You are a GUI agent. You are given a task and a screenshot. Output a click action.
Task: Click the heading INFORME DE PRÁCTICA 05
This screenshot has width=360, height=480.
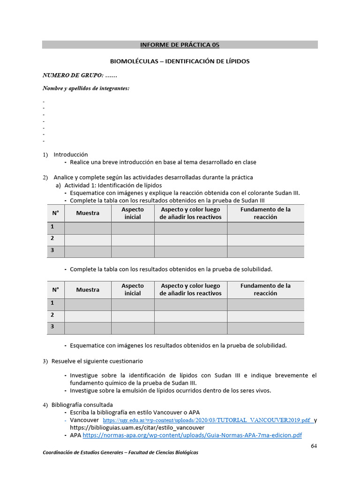[x=180, y=45]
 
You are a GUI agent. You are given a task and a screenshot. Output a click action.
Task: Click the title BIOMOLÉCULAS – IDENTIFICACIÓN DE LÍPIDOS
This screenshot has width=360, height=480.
[x=180, y=61]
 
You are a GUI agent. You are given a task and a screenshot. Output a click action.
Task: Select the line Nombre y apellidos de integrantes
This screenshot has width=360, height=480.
[x=86, y=88]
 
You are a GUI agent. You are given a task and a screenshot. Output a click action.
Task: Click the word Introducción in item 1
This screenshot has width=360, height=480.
[x=70, y=154]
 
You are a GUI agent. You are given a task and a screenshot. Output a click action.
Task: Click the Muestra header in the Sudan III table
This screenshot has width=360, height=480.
[x=88, y=213]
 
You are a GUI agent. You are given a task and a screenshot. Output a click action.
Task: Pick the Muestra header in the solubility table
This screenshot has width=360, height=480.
[x=88, y=290]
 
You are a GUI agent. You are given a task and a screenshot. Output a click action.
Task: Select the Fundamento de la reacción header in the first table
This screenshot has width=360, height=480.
[x=265, y=213]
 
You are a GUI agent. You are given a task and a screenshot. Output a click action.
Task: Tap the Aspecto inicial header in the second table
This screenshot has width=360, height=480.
[x=133, y=290]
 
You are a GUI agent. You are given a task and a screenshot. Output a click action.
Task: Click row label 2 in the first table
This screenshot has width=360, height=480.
[x=53, y=239]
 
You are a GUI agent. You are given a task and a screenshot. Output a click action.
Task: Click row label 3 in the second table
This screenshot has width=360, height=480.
[x=53, y=327]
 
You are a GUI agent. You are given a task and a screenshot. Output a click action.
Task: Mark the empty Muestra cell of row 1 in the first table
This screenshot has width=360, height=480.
[x=88, y=228]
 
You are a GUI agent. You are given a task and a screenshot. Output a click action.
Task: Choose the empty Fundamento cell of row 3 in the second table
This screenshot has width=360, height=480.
[x=265, y=328]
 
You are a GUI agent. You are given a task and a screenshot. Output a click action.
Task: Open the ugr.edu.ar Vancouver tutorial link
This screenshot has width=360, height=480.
[x=207, y=420]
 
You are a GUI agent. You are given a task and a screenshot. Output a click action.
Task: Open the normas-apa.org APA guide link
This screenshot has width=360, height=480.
[x=192, y=435]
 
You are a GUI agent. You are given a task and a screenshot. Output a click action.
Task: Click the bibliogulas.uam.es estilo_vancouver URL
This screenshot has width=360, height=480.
[x=137, y=428]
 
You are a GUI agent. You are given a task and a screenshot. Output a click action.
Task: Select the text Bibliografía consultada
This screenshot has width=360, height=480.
[x=82, y=405]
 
